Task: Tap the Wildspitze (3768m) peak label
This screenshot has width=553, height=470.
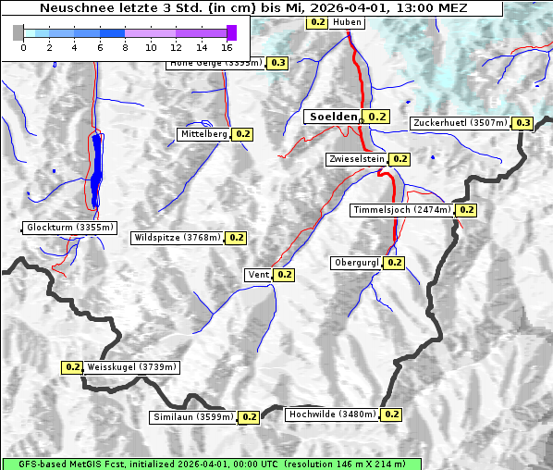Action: (x=178, y=238)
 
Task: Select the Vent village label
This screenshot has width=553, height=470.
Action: (x=258, y=275)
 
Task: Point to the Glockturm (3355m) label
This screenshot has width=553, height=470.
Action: (x=70, y=228)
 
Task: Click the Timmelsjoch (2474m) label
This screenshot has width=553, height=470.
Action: (x=403, y=210)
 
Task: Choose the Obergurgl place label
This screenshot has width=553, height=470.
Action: (x=356, y=263)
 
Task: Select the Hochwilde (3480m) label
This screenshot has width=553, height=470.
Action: (x=332, y=414)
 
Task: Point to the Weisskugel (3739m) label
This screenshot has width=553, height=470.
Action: (x=131, y=367)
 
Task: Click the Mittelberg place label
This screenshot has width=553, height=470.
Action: (x=203, y=134)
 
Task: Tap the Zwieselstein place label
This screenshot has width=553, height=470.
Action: (x=355, y=159)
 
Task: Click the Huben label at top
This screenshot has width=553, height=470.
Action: (x=347, y=21)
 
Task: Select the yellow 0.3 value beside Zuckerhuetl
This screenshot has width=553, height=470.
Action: (x=523, y=123)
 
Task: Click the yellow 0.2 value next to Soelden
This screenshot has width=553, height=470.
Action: (x=376, y=117)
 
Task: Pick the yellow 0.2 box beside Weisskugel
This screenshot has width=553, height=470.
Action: (x=73, y=367)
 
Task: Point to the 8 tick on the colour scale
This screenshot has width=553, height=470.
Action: (x=125, y=46)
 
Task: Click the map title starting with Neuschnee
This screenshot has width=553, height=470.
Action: (x=253, y=7)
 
